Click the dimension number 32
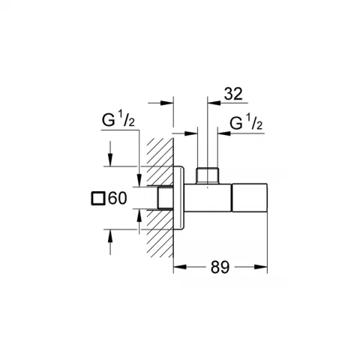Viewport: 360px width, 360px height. (x=233, y=94)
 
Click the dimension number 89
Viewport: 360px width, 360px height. (x=220, y=267)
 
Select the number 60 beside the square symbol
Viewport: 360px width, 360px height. (x=118, y=199)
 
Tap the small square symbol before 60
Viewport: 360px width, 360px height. (x=97, y=199)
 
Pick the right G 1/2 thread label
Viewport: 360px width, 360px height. (x=246, y=122)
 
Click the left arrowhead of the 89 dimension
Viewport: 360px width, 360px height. (x=180, y=267)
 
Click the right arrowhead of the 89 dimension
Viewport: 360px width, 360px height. (x=261, y=267)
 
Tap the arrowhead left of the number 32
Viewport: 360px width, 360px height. (x=214, y=103)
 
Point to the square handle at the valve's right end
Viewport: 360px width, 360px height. (x=250, y=197)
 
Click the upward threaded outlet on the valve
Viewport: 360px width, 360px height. (x=207, y=175)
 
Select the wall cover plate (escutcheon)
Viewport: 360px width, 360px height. (x=179, y=197)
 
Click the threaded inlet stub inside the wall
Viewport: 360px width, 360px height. (x=166, y=197)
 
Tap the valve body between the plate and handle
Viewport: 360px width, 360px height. (x=208, y=197)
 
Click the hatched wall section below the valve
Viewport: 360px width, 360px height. (x=160, y=233)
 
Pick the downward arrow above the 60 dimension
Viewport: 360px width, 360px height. (x=110, y=154)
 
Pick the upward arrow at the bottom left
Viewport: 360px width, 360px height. (x=110, y=242)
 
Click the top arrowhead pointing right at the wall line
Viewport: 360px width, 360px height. (x=166, y=103)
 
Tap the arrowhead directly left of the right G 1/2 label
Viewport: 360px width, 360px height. (x=223, y=133)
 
